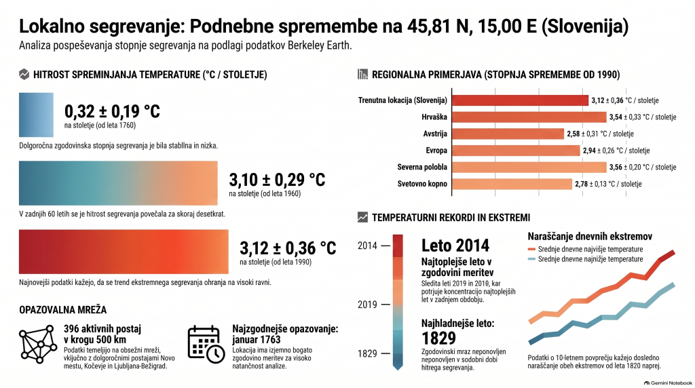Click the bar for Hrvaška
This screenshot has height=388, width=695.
pos(529,117)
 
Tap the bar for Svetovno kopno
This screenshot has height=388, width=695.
pos(512,184)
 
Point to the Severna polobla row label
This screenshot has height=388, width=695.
pos(422,167)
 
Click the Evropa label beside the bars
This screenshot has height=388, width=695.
pos(436,151)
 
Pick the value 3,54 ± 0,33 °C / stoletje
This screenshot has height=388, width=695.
pos(643,117)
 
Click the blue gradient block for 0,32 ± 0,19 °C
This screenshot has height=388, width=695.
pos(37,115)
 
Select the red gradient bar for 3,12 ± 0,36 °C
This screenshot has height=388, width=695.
pos(124,252)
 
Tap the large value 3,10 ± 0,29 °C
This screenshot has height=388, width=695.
pos(277,179)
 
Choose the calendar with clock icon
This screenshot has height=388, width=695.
pos(206,345)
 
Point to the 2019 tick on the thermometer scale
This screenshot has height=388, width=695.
pos(386,305)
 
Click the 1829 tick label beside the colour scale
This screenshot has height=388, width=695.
pos(367,353)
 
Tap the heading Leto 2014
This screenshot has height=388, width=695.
pos(455,246)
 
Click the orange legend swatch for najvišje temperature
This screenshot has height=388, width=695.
pos(531,250)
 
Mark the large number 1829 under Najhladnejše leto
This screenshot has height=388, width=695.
pos(438,338)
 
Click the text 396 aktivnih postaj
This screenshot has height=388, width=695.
pos(102,329)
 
